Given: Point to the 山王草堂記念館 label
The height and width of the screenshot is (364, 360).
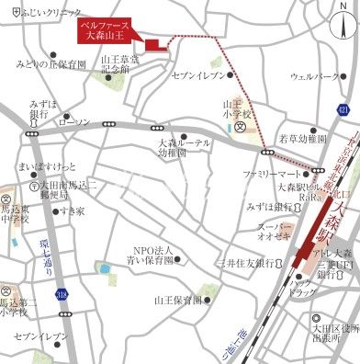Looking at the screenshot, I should click(119, 63).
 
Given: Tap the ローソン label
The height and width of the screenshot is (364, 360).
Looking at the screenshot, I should click(73, 121).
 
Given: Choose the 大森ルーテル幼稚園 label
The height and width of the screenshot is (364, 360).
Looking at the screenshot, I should click(184, 148).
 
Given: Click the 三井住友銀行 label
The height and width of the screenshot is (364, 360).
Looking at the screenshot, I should click(243, 264).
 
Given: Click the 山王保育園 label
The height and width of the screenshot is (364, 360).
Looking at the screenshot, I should click(177, 300).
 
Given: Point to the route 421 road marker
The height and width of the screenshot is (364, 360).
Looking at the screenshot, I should click(343, 110).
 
